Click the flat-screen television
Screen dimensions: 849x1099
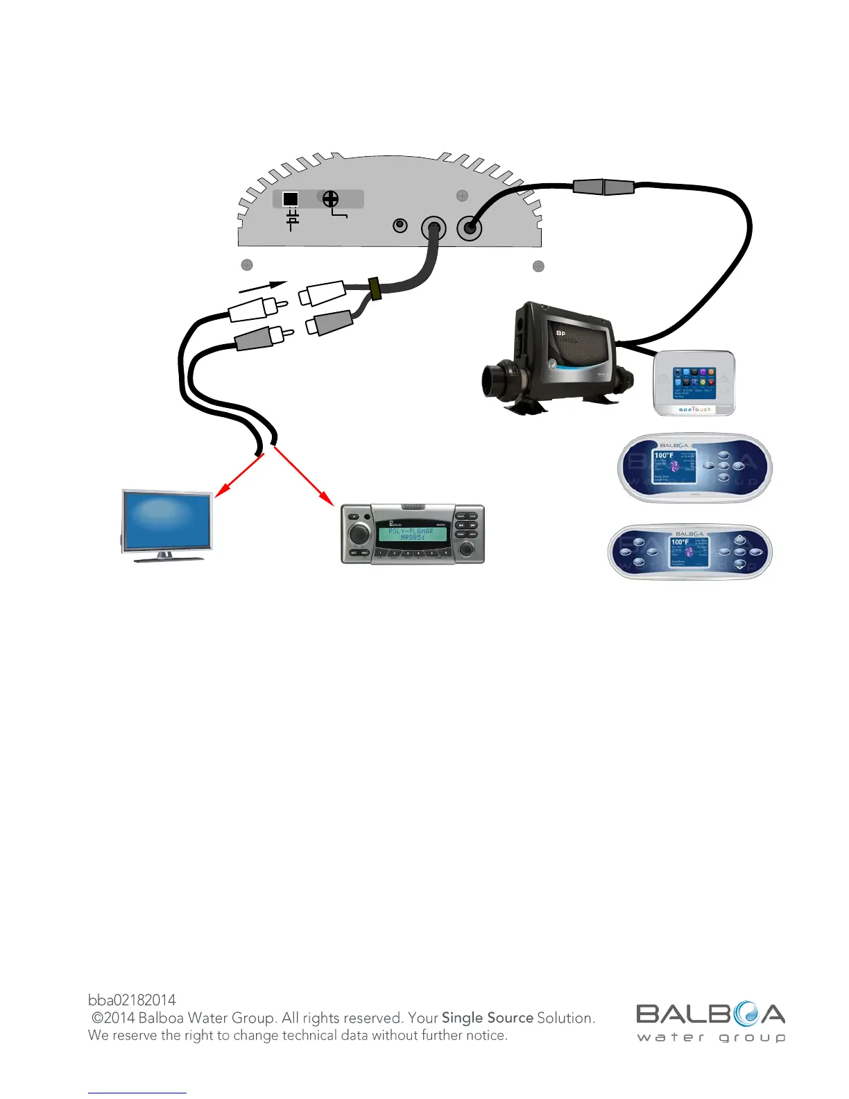pyautogui.click(x=167, y=522)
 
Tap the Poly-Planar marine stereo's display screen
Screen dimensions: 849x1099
pyautogui.click(x=411, y=534)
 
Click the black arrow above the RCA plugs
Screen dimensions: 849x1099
pyautogui.click(x=263, y=286)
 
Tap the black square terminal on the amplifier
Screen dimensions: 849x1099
pyautogui.click(x=291, y=199)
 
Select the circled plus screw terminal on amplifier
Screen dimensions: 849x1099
pyautogui.click(x=331, y=199)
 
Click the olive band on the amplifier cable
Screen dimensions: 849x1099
pyautogui.click(x=375, y=289)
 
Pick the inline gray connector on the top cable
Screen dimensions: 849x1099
pyautogui.click(x=603, y=187)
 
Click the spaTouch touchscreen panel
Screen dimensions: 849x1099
pyautogui.click(x=694, y=383)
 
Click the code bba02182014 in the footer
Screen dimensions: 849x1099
pyautogui.click(x=132, y=1000)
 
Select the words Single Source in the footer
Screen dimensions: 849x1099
pyautogui.click(x=488, y=1018)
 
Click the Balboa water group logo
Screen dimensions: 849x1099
pyautogui.click(x=710, y=1021)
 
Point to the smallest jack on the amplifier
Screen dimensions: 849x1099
pyautogui.click(x=400, y=225)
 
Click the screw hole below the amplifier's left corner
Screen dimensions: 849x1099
pyautogui.click(x=246, y=264)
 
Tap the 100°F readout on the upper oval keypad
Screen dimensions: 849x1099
pyautogui.click(x=664, y=456)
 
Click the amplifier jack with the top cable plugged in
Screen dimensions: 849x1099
pyautogui.click(x=470, y=227)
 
